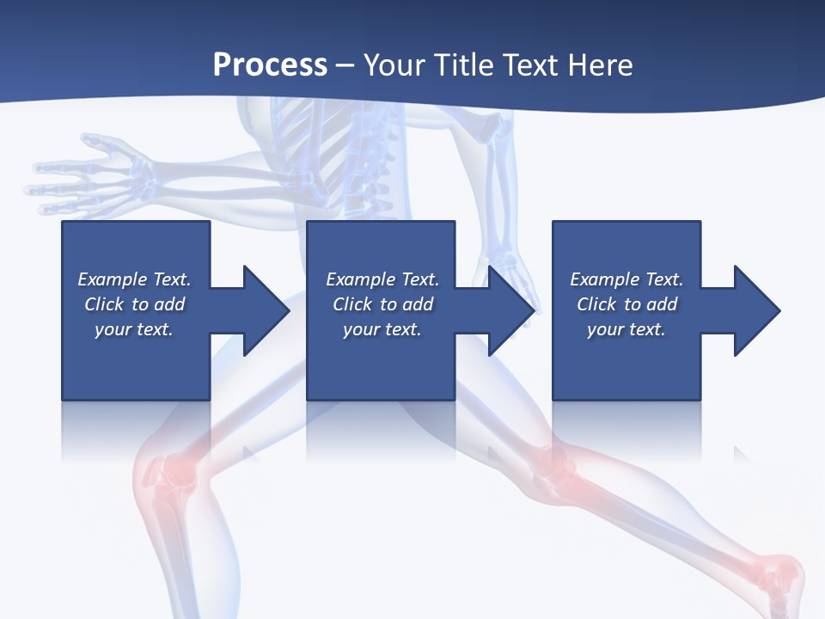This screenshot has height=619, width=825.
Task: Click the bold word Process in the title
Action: pyautogui.click(x=270, y=64)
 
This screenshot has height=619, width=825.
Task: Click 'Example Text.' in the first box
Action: pyautogui.click(x=134, y=279)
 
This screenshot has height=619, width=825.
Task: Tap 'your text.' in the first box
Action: pyautogui.click(x=134, y=329)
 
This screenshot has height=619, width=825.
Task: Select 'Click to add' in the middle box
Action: pyautogui.click(x=382, y=304)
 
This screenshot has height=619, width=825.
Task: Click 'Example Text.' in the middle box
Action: pyautogui.click(x=382, y=279)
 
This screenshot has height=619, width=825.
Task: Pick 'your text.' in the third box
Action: pyautogui.click(x=626, y=329)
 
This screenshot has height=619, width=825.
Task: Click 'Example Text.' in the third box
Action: pyautogui.click(x=626, y=279)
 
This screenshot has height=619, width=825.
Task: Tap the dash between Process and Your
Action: pyautogui.click(x=345, y=66)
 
